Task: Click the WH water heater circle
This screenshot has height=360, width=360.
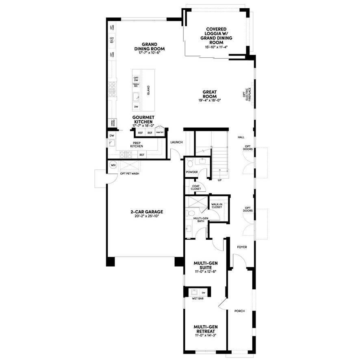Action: tap(113, 165)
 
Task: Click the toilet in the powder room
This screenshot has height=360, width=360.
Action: tap(190, 164)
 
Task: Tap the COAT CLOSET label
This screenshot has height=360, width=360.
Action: tap(196, 188)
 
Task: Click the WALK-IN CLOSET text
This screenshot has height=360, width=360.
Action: tap(217, 206)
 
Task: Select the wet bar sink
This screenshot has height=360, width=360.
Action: tap(195, 292)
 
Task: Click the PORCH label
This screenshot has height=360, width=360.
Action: tap(240, 311)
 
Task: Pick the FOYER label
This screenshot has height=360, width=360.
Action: tap(242, 247)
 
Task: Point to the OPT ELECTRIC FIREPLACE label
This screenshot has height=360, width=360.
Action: tap(247, 94)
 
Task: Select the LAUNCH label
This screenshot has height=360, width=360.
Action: tap(176, 142)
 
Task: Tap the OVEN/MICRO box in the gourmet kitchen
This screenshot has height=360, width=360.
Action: tap(111, 123)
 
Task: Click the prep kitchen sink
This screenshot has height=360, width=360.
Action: tap(112, 143)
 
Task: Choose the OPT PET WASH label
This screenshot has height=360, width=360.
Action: tap(130, 174)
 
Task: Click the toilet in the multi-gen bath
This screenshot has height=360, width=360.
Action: tap(190, 213)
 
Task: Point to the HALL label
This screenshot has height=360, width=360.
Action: tap(241, 137)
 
